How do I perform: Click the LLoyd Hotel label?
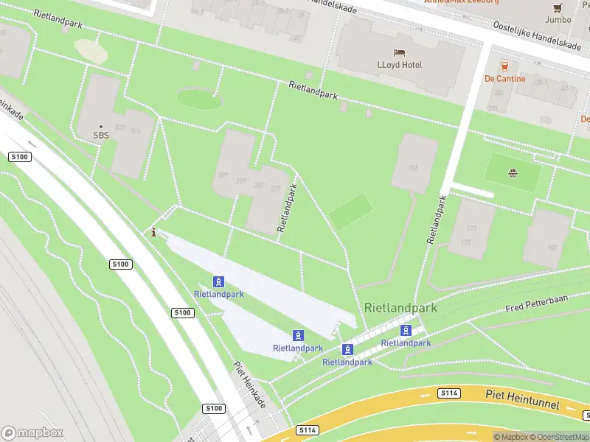click(400, 65)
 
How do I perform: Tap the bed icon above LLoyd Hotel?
click(400, 53)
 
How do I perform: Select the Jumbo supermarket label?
click(558, 20)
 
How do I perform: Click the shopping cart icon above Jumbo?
click(558, 8)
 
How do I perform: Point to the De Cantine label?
click(504, 79)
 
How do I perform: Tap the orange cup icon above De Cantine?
click(505, 66)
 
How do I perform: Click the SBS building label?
click(101, 136)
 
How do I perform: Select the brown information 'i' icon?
click(153, 233)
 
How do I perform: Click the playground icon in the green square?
click(511, 174)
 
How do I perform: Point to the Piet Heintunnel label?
click(522, 400)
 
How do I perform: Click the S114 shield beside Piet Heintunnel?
click(448, 393)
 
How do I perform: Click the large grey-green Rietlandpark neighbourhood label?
click(400, 308)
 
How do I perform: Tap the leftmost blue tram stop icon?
click(218, 281)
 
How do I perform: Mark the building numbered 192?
click(413, 168)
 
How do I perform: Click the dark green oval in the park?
click(199, 98)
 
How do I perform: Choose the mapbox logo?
click(32, 432)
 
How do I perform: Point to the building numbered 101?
click(552, 248)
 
